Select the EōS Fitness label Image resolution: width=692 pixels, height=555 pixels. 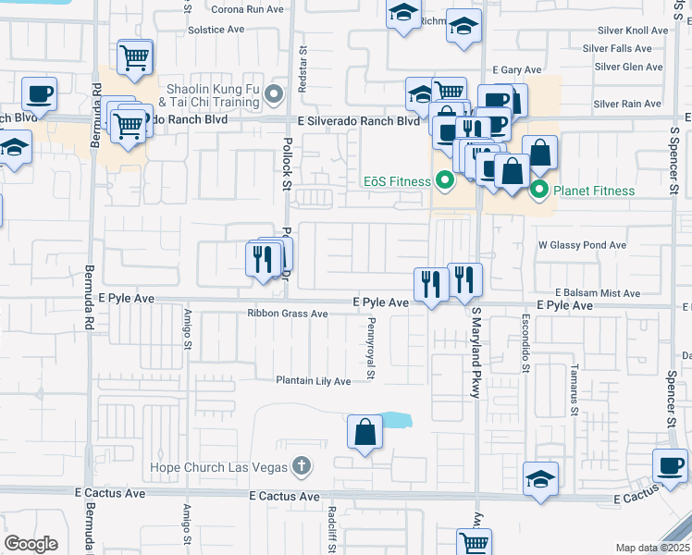point(397,179)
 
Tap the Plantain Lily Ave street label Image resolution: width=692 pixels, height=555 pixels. point(314,381)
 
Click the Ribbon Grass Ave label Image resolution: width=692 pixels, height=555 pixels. point(288,314)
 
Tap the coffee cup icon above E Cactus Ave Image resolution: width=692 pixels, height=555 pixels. point(670,465)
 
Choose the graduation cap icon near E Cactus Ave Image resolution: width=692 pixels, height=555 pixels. point(540,478)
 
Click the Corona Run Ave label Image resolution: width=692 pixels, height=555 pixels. point(247,9)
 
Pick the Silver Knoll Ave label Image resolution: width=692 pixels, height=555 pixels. point(632,31)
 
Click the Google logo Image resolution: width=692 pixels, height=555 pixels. point(31,544)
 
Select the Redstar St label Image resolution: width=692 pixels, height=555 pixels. point(303,70)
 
